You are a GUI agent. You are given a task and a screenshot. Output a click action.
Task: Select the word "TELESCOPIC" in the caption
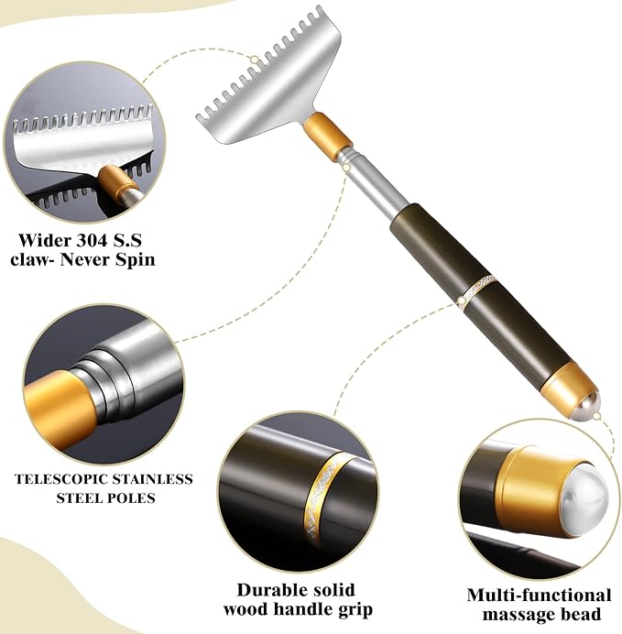pos(61,478)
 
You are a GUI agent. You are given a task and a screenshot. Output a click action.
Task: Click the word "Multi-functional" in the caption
pos(539,595)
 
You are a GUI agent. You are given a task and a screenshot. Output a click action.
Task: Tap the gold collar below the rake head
pos(328,135)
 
